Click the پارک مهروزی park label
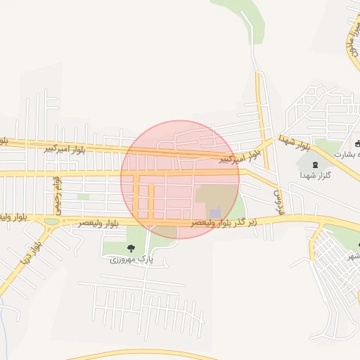pos(131,259)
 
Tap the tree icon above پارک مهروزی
pos(131,247)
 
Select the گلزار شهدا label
pos(315,174)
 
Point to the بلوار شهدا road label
pos(295,143)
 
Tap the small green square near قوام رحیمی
pos(83,197)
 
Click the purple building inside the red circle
pos(215,212)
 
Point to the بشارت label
pos(346,153)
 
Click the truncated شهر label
pos(352,257)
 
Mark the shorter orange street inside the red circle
pos(150,201)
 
